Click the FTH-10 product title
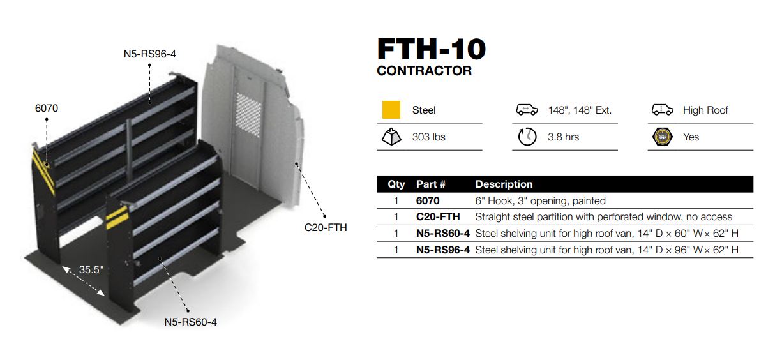point(431,49)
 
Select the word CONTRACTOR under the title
point(424,71)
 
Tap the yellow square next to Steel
point(391,110)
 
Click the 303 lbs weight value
point(429,137)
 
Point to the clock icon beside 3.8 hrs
point(527,137)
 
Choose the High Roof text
point(705,110)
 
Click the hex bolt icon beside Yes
point(662,137)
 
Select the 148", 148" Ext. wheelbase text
point(580,110)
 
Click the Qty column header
point(396,184)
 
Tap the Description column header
point(504,184)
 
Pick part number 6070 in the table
point(428,201)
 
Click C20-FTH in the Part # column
point(438,217)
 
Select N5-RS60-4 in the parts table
point(442,233)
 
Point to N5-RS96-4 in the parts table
point(442,250)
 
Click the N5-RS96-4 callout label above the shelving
point(150,54)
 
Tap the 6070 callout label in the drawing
point(47,109)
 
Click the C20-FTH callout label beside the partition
point(326,228)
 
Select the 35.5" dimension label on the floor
point(91,269)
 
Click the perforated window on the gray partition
point(248,114)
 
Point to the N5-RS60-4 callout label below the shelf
point(191,322)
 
